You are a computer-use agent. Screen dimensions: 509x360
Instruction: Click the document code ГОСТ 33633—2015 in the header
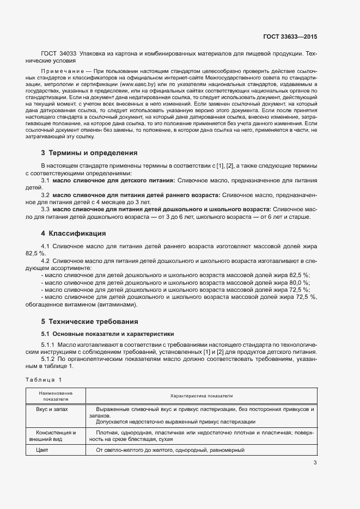[289, 37]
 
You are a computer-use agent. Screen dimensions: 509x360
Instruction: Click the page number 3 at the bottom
[315, 463]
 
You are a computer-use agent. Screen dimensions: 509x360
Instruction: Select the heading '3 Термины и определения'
[89, 153]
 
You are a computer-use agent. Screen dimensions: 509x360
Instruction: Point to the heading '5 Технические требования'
[89, 321]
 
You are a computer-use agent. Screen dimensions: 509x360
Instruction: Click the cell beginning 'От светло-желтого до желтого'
[170, 450]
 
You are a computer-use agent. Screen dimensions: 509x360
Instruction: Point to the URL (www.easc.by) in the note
[139, 85]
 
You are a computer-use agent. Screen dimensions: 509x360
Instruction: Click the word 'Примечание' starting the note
[62, 72]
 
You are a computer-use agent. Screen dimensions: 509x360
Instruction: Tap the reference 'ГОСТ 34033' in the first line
[59, 54]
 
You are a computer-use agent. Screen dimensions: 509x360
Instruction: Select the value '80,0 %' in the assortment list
[298, 283]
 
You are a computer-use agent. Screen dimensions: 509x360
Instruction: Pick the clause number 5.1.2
[48, 359]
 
